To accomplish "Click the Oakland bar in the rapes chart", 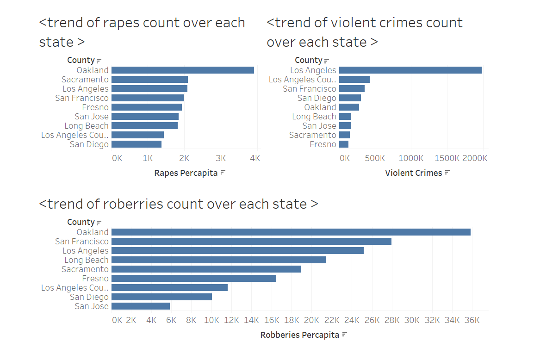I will (x=182, y=70).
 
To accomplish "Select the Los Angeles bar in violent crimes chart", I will (x=410, y=70).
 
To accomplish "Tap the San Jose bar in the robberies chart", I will (x=141, y=306).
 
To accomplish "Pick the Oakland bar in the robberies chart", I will (x=291, y=232).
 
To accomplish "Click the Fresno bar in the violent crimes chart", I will (x=344, y=144).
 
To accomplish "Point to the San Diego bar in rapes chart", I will (x=137, y=144).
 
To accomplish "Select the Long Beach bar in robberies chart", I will (x=218, y=260).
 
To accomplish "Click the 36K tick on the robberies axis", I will (x=472, y=320).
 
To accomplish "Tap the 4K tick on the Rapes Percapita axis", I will (x=255, y=158).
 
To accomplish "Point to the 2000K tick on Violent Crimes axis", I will (x=475, y=158).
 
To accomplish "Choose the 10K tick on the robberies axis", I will (x=211, y=320).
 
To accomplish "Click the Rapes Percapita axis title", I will (x=186, y=173).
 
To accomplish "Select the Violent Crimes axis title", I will (x=413, y=173).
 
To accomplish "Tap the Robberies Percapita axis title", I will (x=299, y=335).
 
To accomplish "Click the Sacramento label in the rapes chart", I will (x=85, y=80).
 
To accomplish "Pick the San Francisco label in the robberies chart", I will (x=81, y=242).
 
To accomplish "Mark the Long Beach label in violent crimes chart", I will (x=314, y=117).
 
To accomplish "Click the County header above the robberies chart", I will (x=81, y=222).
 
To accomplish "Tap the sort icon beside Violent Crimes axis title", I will (x=447, y=173).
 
